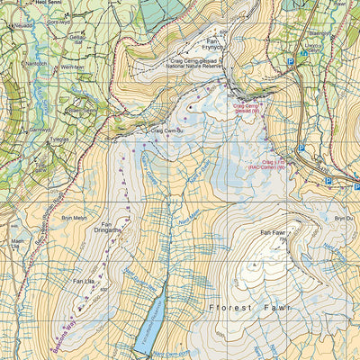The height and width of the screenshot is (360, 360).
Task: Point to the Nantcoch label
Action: point(34,64)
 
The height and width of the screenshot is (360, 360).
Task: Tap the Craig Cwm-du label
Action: point(165,131)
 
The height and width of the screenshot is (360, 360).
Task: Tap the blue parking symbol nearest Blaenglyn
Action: point(291,62)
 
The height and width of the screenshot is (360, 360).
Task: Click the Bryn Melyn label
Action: point(73,219)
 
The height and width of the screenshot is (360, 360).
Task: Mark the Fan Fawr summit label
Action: point(273,235)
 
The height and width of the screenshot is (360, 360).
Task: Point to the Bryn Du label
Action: point(343,218)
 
